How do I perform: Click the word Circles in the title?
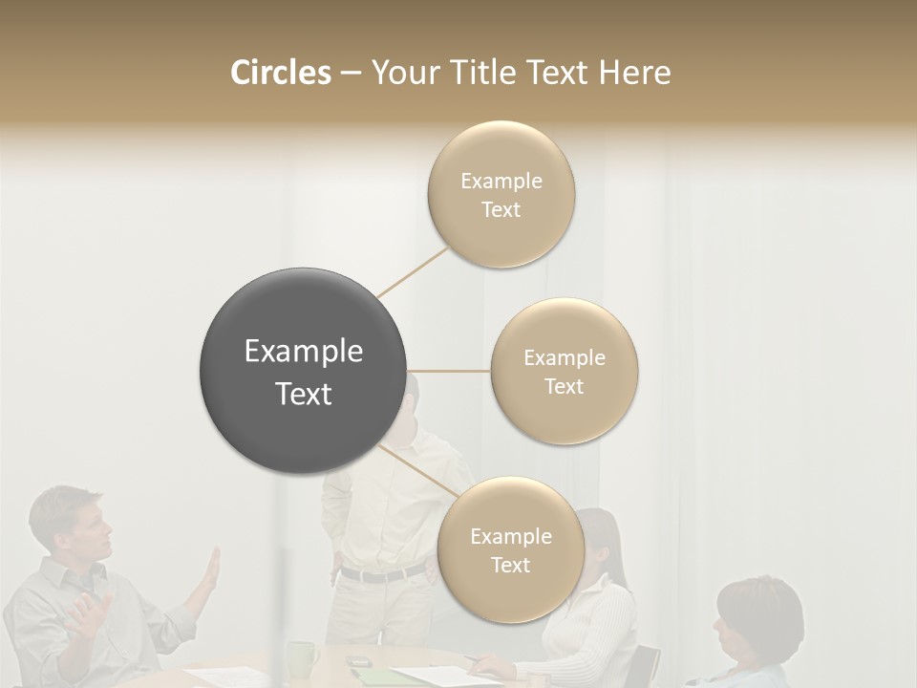coord(280,73)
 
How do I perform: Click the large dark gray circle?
coord(303,371)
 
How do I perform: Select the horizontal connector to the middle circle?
coord(449,371)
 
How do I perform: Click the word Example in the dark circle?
coord(303,352)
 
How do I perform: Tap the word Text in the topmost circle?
coord(501,210)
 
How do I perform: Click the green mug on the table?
coord(303,658)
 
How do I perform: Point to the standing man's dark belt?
coord(382,573)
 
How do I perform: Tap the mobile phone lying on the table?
coord(358,661)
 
